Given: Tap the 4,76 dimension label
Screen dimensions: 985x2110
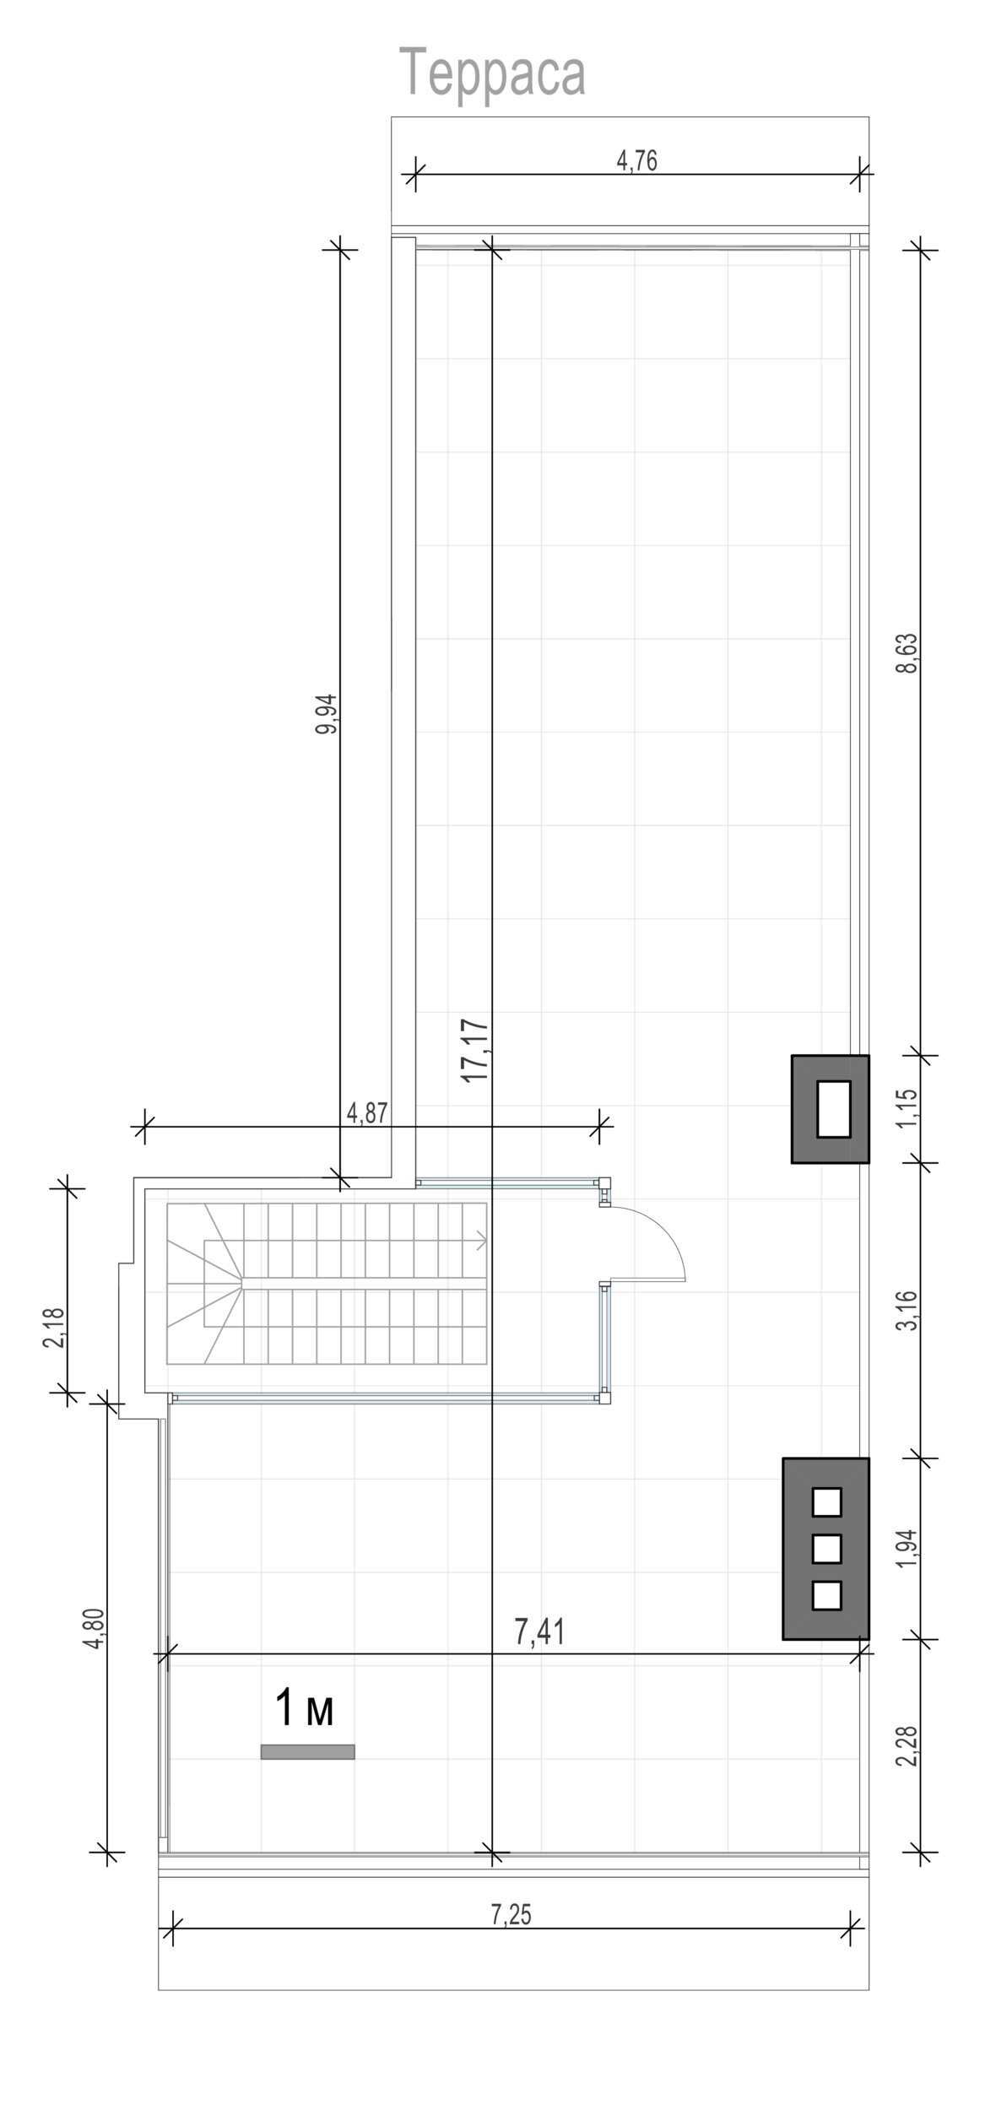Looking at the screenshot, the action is [x=637, y=160].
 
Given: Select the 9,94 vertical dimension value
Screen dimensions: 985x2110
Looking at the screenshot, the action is [x=327, y=714].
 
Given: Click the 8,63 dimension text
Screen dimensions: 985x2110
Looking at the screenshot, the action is [x=907, y=652].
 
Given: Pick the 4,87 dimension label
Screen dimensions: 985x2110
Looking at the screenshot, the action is [x=368, y=1113].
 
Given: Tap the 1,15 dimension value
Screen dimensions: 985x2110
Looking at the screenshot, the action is [x=907, y=1109].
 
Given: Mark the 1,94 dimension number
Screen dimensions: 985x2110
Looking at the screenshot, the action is [x=907, y=1549].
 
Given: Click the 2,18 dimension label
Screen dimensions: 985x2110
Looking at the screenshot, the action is [x=55, y=1328].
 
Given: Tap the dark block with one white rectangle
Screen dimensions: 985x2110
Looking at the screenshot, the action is [x=830, y=1109].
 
